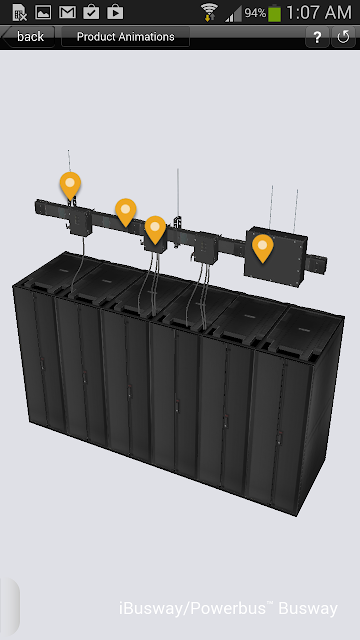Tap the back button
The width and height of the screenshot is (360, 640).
point(28,37)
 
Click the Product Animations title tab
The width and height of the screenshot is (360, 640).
point(125,37)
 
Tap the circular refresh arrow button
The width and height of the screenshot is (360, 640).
point(343,37)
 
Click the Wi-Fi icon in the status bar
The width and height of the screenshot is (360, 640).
point(209,12)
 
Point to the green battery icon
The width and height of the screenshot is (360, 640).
point(274,13)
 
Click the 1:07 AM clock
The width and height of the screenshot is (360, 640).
point(318,12)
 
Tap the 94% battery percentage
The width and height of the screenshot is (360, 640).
point(255,13)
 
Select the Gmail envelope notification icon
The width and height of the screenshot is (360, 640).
point(67,12)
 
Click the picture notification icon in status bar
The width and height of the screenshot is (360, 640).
point(43,12)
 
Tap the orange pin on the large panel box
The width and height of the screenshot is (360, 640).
point(262,247)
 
